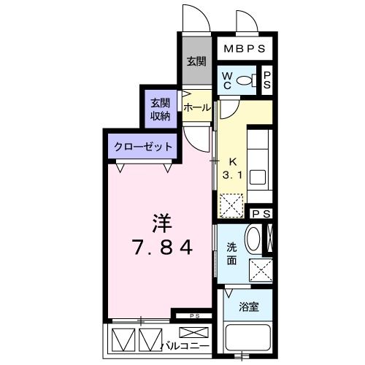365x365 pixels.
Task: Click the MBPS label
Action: coord(244,50)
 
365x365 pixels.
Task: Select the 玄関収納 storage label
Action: coord(160,107)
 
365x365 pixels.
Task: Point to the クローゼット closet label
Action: coord(143,147)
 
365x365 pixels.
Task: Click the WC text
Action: coord(226,80)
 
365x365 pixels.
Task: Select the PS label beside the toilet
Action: coord(267,80)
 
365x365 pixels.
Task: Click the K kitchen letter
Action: coord(234,162)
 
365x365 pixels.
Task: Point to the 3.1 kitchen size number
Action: coord(233,175)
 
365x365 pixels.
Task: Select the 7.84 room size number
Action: coord(161,248)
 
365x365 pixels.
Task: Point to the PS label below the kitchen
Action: coord(260,214)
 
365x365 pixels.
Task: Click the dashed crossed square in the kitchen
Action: coord(232,205)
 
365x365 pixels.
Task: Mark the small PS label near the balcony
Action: coord(194,315)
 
